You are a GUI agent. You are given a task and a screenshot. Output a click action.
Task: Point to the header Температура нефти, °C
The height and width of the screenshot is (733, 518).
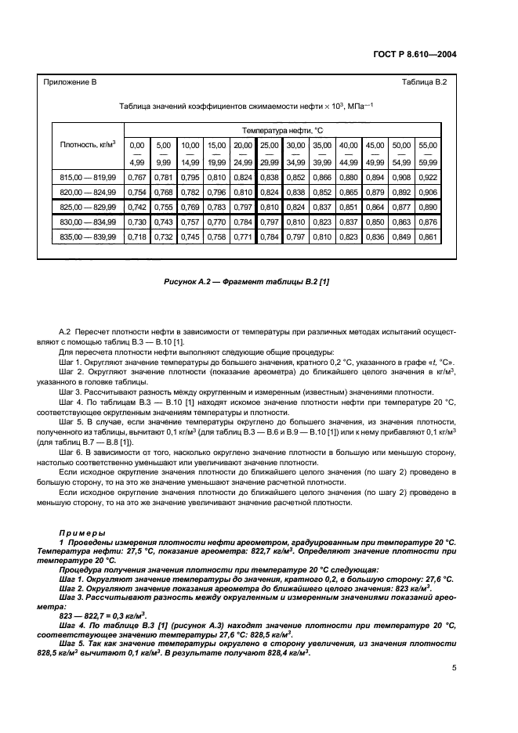click(x=282, y=129)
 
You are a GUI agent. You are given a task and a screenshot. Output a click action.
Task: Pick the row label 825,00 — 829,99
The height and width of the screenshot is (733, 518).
click(x=88, y=208)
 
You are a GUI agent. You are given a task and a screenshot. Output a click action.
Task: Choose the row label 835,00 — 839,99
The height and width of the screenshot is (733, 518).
click(x=88, y=236)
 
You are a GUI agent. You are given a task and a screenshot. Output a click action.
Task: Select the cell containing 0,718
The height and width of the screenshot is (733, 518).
click(x=137, y=236)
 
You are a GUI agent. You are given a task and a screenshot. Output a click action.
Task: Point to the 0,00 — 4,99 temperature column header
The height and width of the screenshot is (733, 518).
click(x=137, y=153)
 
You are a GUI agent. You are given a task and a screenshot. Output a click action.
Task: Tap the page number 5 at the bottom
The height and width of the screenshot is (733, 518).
click(x=454, y=668)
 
